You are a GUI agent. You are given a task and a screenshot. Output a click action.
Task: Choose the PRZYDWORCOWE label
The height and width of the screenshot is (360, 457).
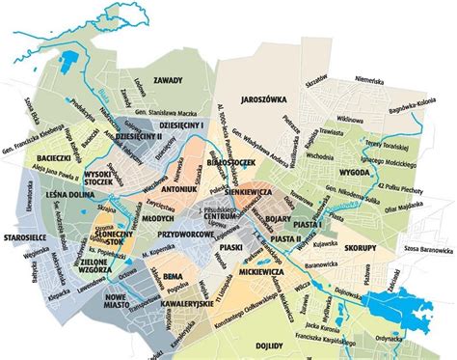pyautogui.click(x=184, y=235)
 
